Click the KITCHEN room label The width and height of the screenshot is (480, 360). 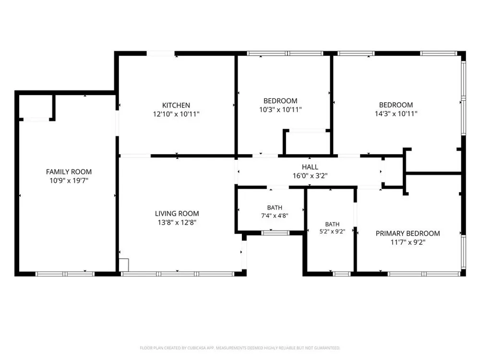(176, 105)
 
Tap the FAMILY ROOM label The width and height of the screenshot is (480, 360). (69, 172)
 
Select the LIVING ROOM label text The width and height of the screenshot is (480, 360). (177, 214)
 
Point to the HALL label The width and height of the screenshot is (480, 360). (310, 167)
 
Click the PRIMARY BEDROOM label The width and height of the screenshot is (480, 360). (408, 233)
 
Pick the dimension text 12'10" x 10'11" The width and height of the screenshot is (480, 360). (176, 114)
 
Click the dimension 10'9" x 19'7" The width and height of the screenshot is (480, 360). (69, 180)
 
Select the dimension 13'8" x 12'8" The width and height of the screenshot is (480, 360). (177, 223)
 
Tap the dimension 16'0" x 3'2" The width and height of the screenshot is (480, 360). (310, 176)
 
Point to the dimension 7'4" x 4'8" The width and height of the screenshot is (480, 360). (275, 216)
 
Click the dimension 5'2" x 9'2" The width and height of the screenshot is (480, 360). (333, 232)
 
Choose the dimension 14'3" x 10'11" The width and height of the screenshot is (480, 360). (396, 114)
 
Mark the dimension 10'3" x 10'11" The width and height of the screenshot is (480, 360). (280, 109)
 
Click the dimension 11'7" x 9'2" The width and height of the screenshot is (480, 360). (408, 242)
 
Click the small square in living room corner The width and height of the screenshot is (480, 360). (124, 265)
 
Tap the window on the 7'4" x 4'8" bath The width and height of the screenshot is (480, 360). (275, 233)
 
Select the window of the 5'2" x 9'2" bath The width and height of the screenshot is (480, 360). (342, 274)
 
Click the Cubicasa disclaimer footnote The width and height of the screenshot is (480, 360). (240, 348)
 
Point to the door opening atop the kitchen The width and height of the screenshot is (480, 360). (161, 54)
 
